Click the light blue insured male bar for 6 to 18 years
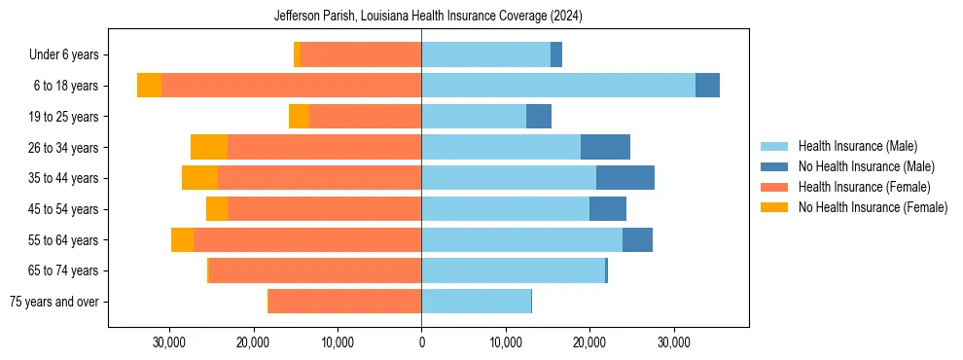(x=558, y=86)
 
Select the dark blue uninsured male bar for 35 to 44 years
(x=625, y=178)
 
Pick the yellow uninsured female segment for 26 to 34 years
(x=209, y=147)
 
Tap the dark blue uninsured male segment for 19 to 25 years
(x=539, y=117)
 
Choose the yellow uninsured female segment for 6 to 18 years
(x=149, y=86)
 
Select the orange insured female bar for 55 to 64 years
(x=307, y=239)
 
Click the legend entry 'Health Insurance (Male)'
(x=857, y=146)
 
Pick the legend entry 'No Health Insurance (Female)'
(x=873, y=207)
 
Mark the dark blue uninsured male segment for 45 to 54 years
(x=608, y=209)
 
